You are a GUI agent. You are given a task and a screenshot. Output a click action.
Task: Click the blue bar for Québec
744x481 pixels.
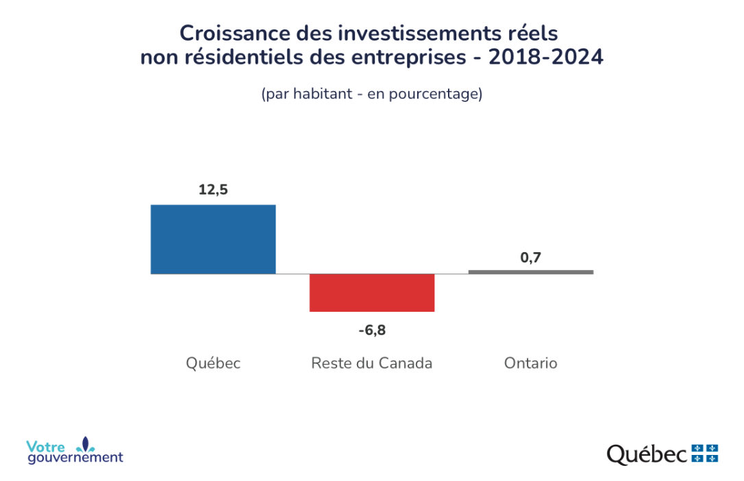(x=213, y=239)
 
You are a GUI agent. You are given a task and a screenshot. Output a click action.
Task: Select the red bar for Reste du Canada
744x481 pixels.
(x=372, y=293)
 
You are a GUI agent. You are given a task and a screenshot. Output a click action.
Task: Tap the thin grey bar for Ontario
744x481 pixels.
(x=531, y=272)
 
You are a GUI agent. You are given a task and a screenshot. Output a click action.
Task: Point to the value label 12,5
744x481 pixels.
(x=213, y=190)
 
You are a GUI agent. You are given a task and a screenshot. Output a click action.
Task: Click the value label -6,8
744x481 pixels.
(x=372, y=330)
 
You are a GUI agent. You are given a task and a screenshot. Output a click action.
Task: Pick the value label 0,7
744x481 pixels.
(x=531, y=258)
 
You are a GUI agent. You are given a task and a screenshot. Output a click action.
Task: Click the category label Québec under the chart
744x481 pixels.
(x=213, y=363)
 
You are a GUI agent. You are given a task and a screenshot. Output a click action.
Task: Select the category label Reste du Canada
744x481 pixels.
(x=372, y=363)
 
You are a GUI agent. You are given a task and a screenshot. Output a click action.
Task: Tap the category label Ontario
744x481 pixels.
(x=531, y=363)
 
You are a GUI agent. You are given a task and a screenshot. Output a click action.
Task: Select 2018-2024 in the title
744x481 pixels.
(x=545, y=58)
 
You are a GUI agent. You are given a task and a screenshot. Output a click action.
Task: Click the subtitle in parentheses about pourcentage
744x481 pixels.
(x=372, y=94)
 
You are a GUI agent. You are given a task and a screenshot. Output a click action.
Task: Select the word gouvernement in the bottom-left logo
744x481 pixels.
(x=75, y=458)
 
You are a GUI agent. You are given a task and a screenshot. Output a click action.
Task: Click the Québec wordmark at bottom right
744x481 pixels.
(x=647, y=454)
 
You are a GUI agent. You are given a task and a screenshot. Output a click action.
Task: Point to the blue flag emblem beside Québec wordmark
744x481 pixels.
(x=705, y=453)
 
